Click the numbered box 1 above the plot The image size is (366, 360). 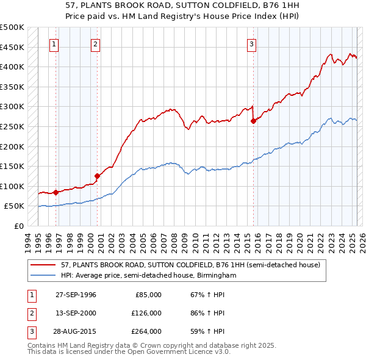[54, 43]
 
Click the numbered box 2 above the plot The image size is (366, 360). [96, 43]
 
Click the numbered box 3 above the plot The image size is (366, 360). [251, 43]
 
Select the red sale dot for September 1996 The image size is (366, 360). [56, 192]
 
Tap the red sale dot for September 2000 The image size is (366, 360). [97, 176]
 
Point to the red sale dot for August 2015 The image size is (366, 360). [253, 121]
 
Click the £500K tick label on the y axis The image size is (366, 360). [12, 27]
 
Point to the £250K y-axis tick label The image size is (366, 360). [12, 126]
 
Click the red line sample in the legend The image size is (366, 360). [43, 265]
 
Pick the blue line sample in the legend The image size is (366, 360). [43, 275]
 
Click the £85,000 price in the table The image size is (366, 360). [148, 295]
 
